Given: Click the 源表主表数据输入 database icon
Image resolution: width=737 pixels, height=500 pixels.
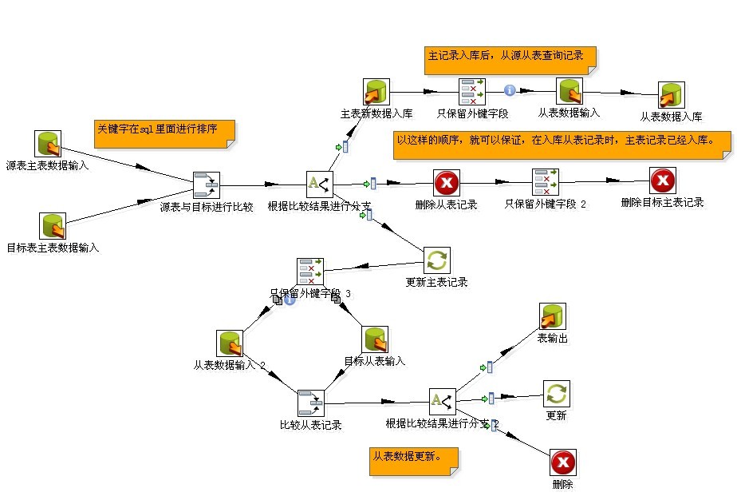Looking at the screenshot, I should coord(48,145).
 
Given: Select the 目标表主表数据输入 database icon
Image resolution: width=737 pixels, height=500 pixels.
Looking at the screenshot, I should coord(53,226).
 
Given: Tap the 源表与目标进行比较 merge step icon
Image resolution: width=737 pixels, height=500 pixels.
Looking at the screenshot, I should coord(207,185).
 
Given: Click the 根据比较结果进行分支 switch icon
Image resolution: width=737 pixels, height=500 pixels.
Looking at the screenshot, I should coord(320,183).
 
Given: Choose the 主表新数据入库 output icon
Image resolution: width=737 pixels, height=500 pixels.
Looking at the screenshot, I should coord(376,92).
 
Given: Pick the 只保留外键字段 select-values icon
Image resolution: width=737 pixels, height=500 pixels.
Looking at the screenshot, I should coord(472,92).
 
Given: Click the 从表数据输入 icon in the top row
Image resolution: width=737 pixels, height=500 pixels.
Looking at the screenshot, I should coord(569,91).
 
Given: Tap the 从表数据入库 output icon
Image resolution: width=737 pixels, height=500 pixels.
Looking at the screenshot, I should coord(671,96).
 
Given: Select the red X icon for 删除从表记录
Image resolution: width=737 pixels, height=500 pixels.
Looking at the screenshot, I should coord(447,183).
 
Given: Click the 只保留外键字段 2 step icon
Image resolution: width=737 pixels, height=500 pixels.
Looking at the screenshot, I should coord(546,182).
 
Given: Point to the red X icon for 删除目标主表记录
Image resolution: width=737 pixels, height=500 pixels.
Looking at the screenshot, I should coord(663,181).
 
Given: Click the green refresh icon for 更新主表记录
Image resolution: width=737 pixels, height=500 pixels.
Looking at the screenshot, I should coord(437,260).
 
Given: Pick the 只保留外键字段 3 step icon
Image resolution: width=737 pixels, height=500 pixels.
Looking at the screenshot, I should coord(310,272).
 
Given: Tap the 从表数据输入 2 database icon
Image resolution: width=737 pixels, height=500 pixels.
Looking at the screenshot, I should coord(230,343).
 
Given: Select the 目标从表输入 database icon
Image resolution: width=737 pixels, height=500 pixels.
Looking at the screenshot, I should coord(375,339).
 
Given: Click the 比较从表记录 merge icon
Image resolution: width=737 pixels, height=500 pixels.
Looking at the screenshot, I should coord(311,403).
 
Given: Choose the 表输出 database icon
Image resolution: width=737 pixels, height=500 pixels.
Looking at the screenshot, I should coord(553,317).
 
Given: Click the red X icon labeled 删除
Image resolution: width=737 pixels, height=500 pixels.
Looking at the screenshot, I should coord(563,462).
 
